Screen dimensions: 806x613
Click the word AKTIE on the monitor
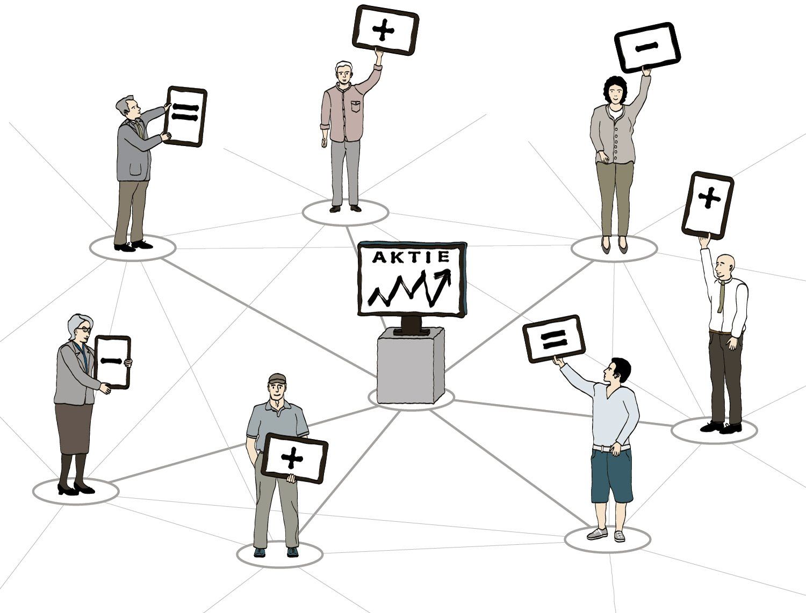(x=411, y=257)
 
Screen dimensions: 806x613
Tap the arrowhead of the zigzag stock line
(x=445, y=276)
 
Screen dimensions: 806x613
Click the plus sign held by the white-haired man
(x=384, y=31)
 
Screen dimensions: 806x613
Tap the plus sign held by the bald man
(x=709, y=199)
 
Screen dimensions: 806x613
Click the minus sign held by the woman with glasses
(x=112, y=360)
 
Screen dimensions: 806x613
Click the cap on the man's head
(x=277, y=378)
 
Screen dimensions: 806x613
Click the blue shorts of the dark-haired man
(x=611, y=476)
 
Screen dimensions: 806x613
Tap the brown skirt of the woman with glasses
(x=73, y=428)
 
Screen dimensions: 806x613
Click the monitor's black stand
(x=412, y=324)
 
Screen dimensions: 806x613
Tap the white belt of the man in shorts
(x=611, y=448)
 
